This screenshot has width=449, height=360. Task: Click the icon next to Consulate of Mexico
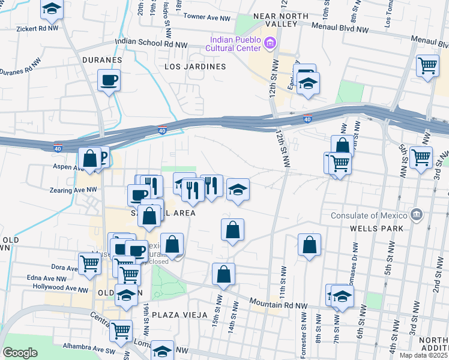(x=416, y=215)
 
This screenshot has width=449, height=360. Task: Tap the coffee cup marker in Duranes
(x=109, y=80)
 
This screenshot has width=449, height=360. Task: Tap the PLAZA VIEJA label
(x=179, y=315)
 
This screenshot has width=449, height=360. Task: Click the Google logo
(x=20, y=353)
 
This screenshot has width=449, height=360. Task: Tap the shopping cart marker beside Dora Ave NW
(x=89, y=262)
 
